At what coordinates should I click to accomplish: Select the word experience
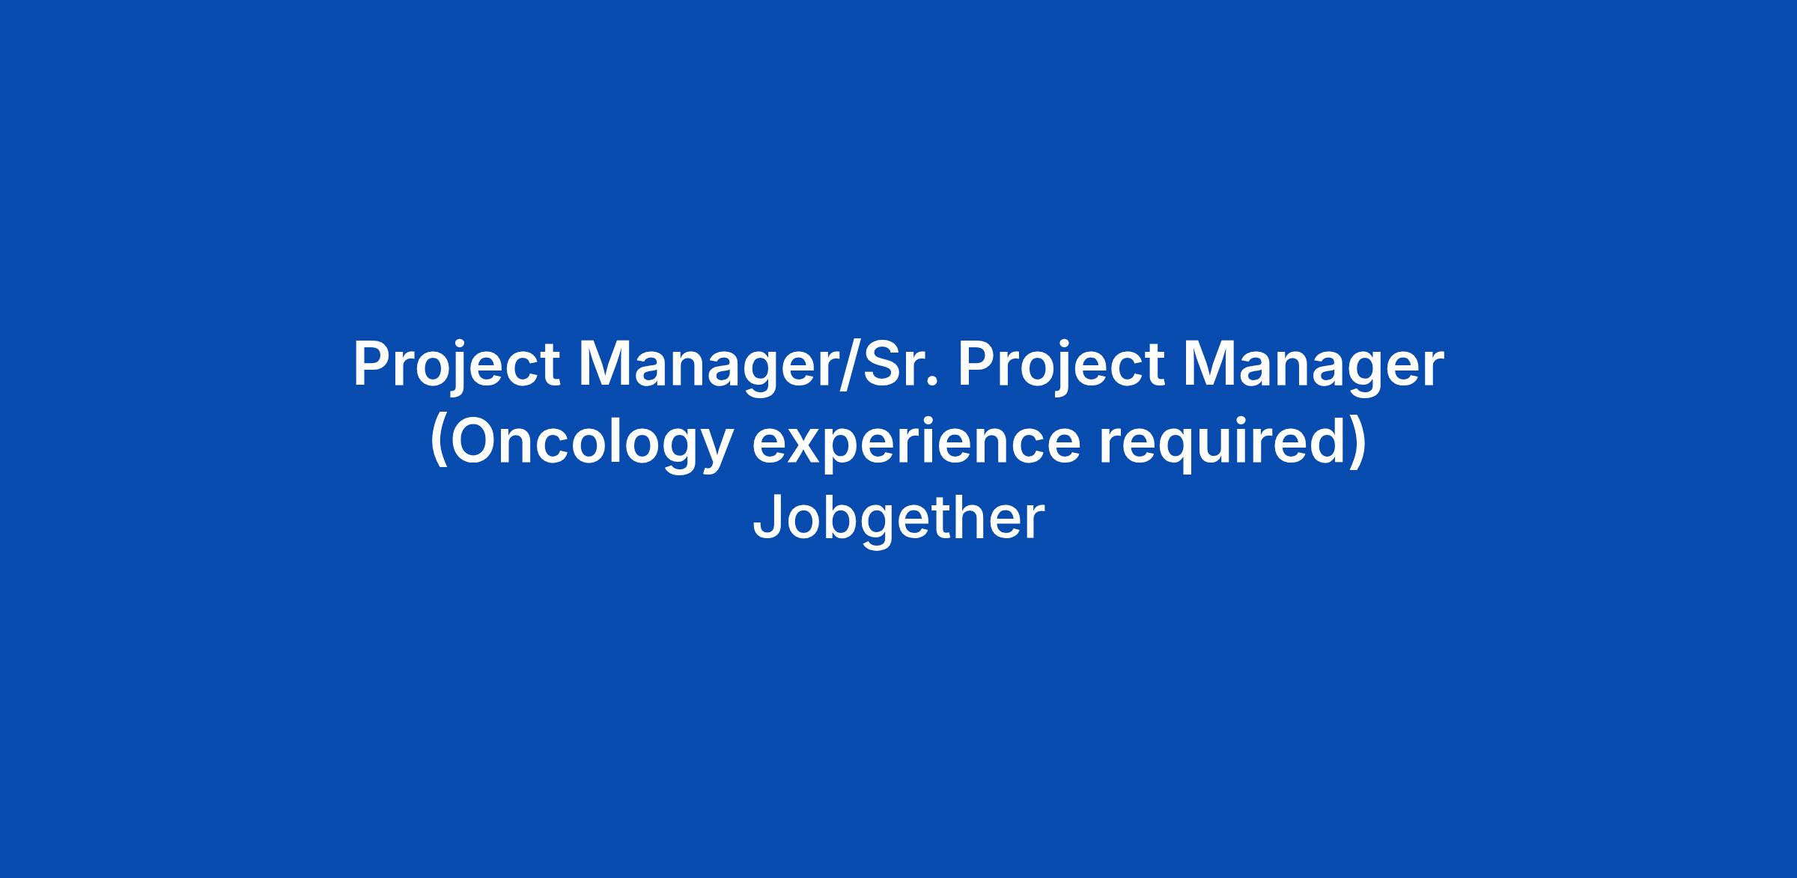[916, 444]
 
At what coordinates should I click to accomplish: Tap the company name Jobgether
[898, 520]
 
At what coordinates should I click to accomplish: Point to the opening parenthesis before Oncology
[440, 443]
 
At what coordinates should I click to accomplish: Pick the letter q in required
[1182, 453]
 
